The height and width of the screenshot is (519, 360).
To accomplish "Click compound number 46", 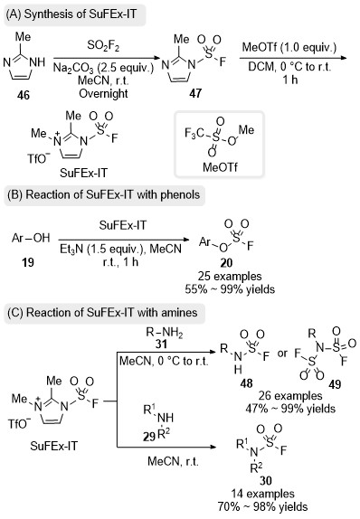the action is (24, 95).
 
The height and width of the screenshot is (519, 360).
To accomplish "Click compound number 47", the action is (195, 93).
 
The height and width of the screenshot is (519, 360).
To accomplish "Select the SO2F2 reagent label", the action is (103, 46).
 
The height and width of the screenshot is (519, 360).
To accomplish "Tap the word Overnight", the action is (103, 94).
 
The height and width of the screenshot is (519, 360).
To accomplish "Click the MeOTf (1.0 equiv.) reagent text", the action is (289, 47).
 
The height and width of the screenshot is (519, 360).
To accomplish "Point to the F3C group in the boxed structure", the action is (194, 134).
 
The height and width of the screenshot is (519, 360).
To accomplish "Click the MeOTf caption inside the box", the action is (220, 166).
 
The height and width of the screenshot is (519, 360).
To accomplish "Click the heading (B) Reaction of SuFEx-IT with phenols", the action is (104, 194).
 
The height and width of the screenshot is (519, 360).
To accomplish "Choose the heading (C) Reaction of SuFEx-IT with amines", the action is (102, 313).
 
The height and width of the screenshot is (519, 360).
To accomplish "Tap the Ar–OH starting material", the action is (31, 238).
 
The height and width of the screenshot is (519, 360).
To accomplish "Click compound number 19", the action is (28, 262).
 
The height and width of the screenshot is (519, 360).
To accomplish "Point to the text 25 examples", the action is (230, 277).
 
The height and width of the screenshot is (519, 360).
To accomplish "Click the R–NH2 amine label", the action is (165, 333).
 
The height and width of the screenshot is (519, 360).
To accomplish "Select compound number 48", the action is (246, 383).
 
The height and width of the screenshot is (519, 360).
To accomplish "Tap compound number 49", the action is (335, 384).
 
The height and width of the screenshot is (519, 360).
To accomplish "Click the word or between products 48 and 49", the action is (282, 354).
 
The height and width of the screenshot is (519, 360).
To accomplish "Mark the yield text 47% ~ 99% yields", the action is (290, 409).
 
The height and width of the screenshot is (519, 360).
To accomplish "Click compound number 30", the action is (266, 480).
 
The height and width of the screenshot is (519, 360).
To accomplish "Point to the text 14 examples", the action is (262, 494).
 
